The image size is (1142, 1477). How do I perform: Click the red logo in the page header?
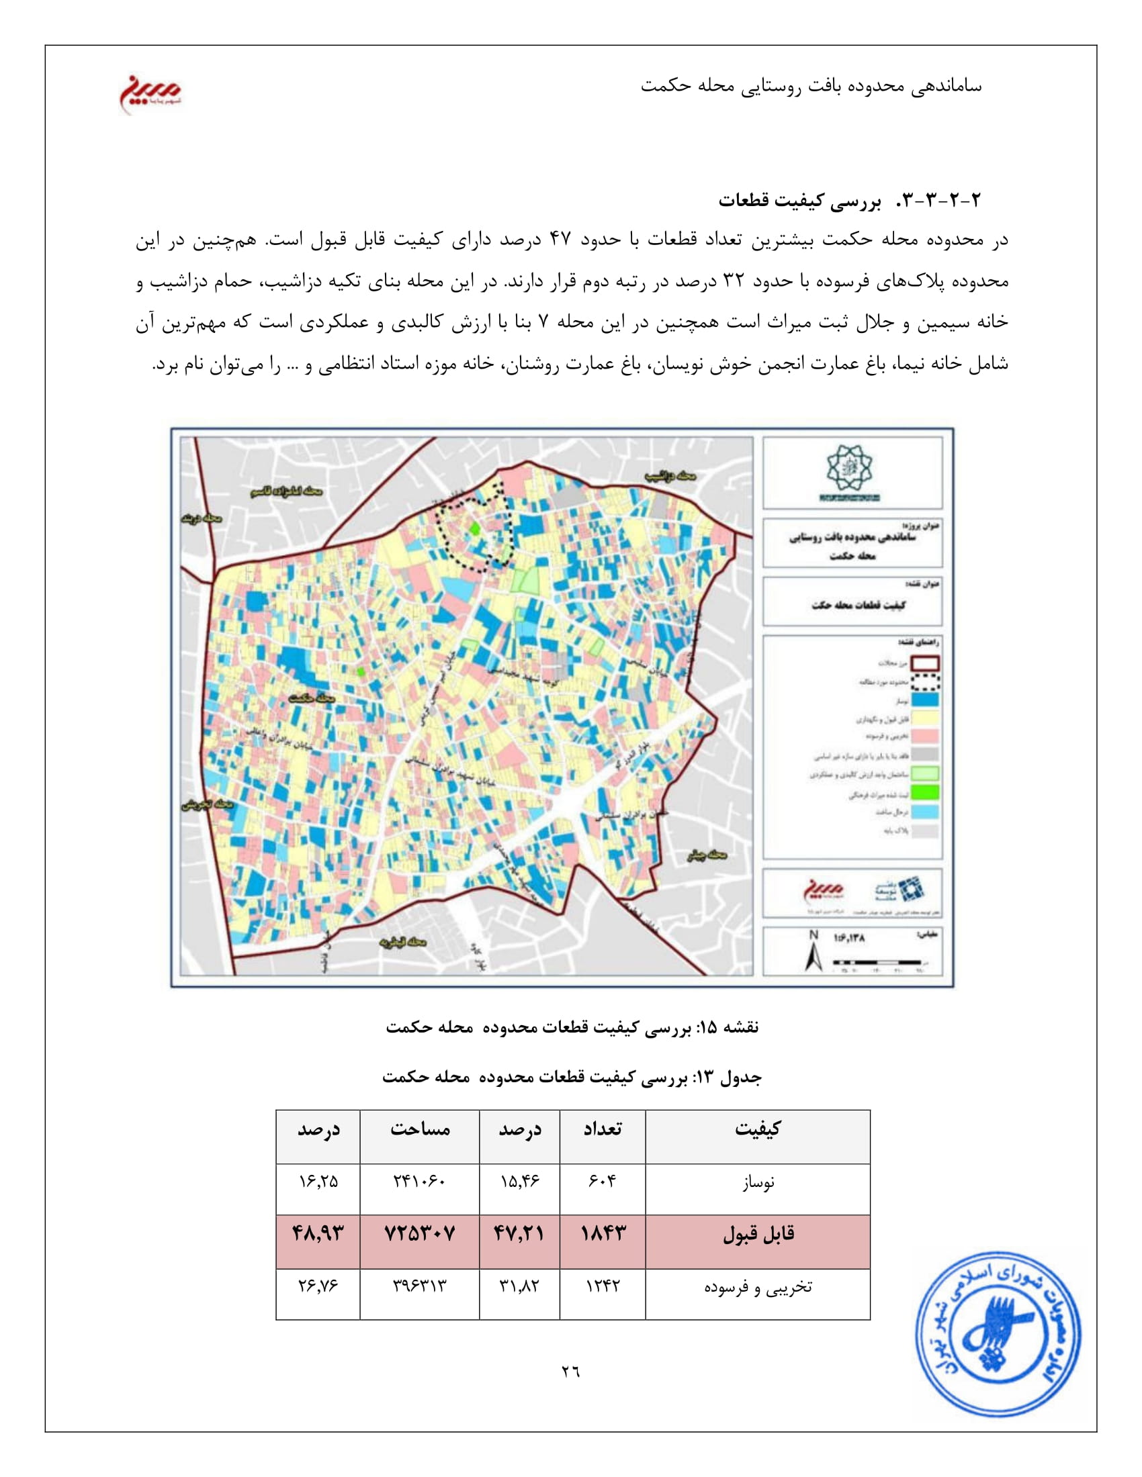150,93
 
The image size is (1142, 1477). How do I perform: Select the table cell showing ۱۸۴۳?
603,1233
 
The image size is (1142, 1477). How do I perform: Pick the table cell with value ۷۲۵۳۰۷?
419,1233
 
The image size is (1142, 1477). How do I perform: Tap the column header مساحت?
419,1129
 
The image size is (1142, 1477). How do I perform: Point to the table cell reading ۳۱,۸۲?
519,1286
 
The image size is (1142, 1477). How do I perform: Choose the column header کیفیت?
758,1129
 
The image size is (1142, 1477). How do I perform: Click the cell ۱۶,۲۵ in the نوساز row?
318,1182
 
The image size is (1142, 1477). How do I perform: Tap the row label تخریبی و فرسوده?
758,1286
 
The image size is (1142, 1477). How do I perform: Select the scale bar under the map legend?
877,961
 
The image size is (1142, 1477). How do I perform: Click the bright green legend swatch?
926,792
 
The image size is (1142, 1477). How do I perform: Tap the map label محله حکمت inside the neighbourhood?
311,698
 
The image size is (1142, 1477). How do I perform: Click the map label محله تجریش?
207,805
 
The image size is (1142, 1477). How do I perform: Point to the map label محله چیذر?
706,855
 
